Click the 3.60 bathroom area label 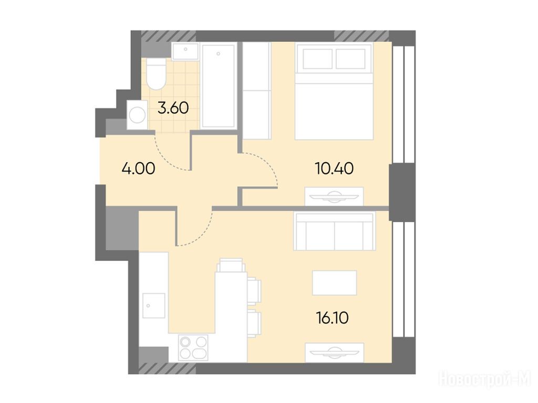pyautogui.click(x=173, y=108)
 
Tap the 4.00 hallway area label pyautogui.click(x=138, y=168)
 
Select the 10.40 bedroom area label pyautogui.click(x=334, y=168)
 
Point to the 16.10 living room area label pyautogui.click(x=332, y=318)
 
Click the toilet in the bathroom pyautogui.click(x=156, y=73)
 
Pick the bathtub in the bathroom pyautogui.click(x=219, y=86)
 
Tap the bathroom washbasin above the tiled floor pyautogui.click(x=185, y=51)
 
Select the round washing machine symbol pyautogui.click(x=137, y=115)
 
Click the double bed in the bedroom pyautogui.click(x=334, y=91)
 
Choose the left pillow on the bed pyautogui.click(x=318, y=59)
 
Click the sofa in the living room pyautogui.click(x=335, y=231)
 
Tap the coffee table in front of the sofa pyautogui.click(x=335, y=283)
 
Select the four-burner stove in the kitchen pyautogui.click(x=193, y=347)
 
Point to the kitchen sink pyautogui.click(x=154, y=305)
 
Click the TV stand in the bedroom pyautogui.click(x=334, y=196)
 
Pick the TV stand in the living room pyautogui.click(x=335, y=352)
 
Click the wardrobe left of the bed pyautogui.click(x=257, y=91)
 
